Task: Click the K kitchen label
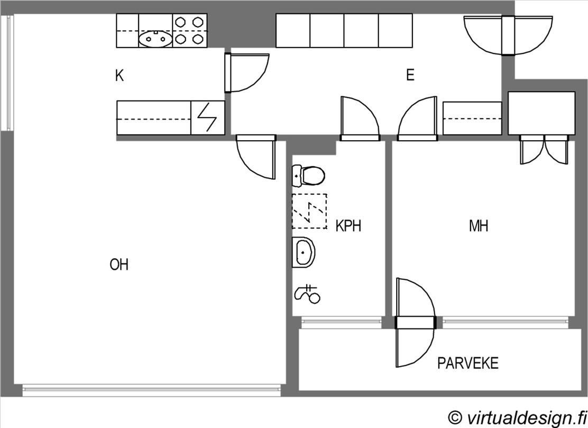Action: click(120, 76)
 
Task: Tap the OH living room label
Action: click(119, 265)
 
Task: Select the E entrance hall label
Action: click(410, 75)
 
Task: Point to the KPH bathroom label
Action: click(348, 226)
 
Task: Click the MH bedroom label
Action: click(479, 226)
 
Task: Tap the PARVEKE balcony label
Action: click(468, 363)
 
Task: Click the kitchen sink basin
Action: click(155, 39)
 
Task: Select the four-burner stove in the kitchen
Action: click(190, 31)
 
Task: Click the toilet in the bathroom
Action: click(308, 176)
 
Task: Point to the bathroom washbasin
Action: click(304, 252)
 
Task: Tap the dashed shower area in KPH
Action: click(309, 211)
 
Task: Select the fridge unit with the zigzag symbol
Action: click(208, 118)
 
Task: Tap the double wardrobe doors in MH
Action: click(544, 150)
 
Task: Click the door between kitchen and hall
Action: click(246, 73)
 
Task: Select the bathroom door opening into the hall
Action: click(360, 119)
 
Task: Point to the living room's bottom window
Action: click(151, 390)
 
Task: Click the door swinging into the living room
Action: click(256, 157)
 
